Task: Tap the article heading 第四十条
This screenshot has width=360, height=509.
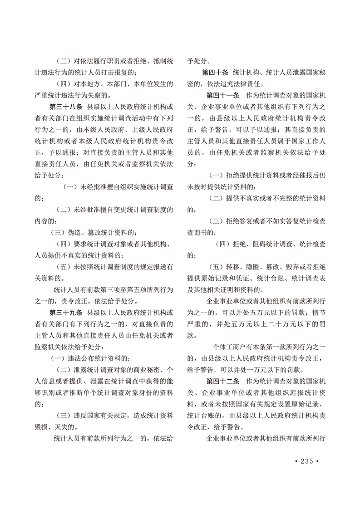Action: point(217,72)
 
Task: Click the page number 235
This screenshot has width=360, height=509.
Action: point(307,461)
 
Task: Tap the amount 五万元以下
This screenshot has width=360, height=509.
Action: point(266,313)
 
